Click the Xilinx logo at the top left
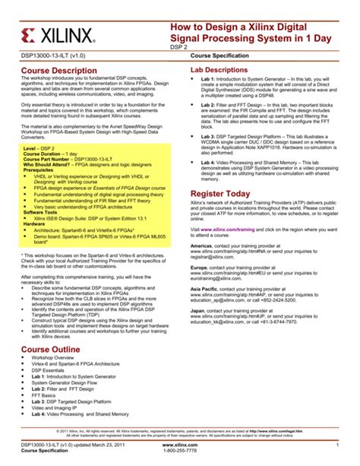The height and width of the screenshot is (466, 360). [x=60, y=35]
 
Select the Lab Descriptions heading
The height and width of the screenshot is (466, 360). [x=223, y=70]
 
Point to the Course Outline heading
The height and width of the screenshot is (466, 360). [x=51, y=347]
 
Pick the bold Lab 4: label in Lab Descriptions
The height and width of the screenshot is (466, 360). [x=210, y=163]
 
